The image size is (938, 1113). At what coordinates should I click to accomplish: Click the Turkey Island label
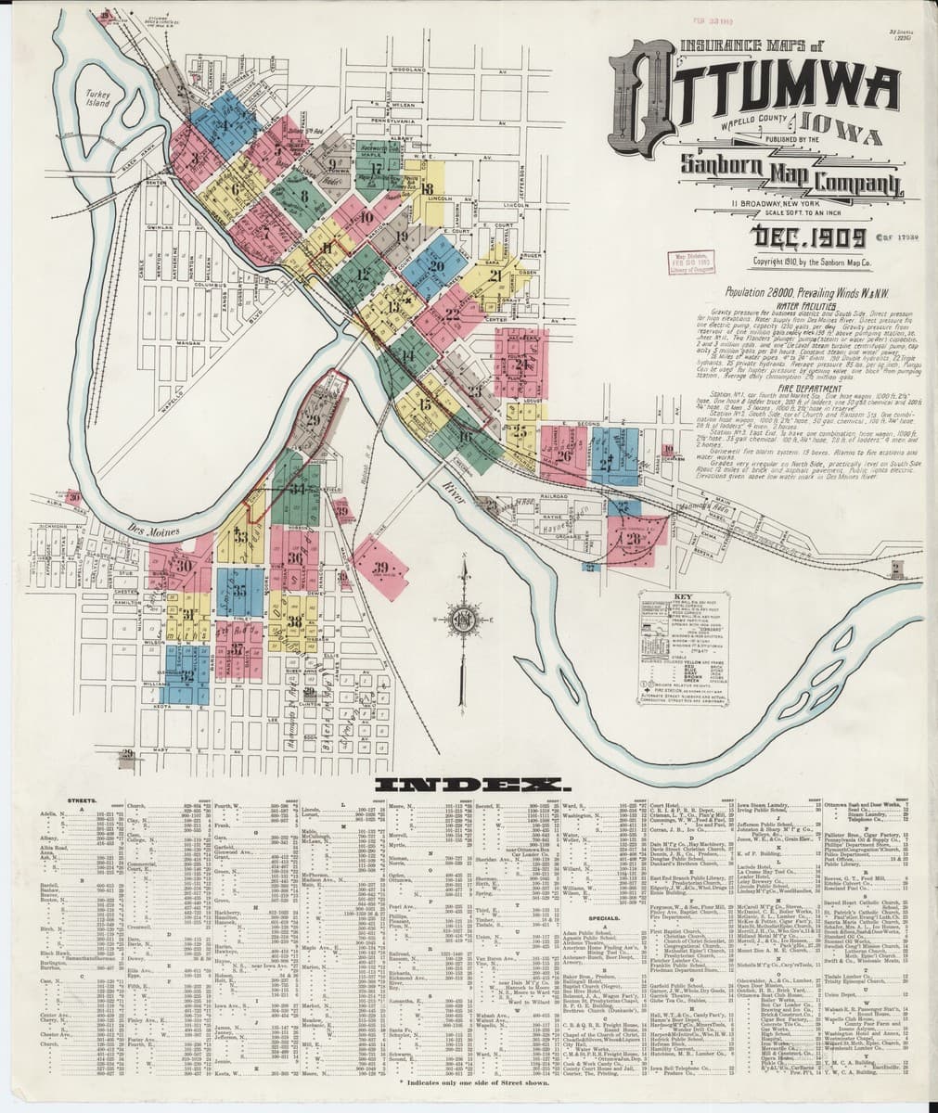[x=96, y=98]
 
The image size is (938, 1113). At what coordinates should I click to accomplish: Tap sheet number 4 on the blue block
[x=222, y=127]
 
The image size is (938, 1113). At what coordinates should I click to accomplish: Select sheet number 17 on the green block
[x=375, y=169]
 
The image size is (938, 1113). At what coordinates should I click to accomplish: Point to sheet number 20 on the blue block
[x=434, y=265]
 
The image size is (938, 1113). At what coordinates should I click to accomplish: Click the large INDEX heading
[x=469, y=785]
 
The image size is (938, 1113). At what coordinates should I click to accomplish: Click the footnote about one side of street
[x=469, y=1082]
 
